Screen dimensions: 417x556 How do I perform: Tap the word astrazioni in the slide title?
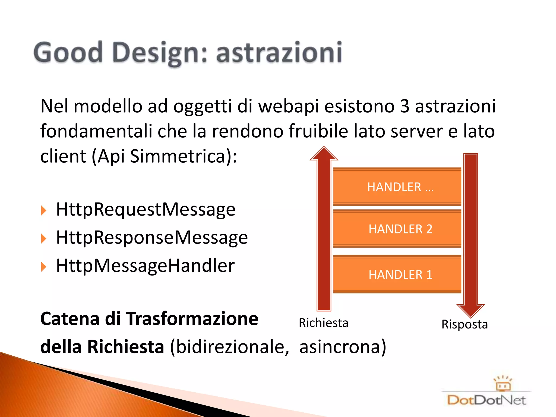(279, 52)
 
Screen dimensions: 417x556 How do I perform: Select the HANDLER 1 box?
(397, 274)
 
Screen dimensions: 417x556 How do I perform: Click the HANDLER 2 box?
(397, 229)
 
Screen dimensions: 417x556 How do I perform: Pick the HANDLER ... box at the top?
(397, 187)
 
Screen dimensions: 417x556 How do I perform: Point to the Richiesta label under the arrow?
(323, 323)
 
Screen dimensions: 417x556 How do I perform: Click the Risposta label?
(465, 324)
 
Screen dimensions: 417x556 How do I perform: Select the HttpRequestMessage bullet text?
(146, 210)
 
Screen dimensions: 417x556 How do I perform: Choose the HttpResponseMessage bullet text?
(152, 238)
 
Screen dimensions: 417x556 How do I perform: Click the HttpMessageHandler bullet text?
(145, 266)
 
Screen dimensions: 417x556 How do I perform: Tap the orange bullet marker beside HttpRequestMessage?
(43, 211)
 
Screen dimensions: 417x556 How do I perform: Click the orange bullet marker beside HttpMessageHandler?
(43, 267)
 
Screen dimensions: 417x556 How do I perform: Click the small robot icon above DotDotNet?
(503, 383)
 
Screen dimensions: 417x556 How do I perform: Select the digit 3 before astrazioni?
(405, 106)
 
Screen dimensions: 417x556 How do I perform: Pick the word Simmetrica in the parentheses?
(178, 156)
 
